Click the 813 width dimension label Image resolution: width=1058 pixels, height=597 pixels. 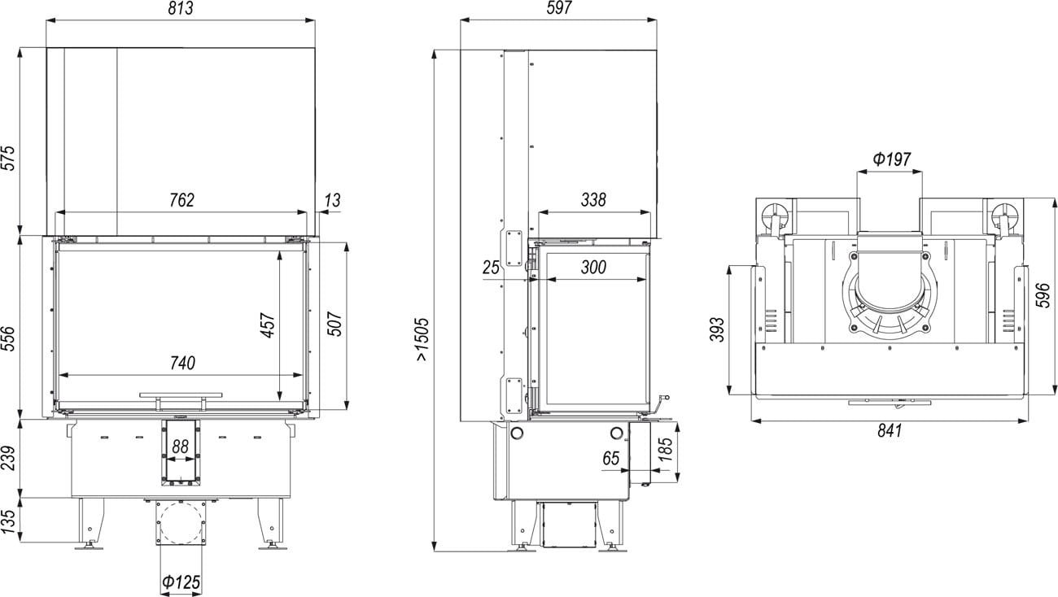181,8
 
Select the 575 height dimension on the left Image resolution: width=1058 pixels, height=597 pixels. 9,158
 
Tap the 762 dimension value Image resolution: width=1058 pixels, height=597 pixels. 181,200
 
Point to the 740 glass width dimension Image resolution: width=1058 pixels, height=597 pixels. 182,363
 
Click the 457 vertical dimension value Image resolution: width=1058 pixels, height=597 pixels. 268,325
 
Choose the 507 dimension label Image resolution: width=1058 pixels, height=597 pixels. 334,323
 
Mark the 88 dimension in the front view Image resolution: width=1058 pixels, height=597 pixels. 180,447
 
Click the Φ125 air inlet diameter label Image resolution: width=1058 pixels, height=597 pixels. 181,582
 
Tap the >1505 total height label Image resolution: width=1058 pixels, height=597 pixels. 422,339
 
